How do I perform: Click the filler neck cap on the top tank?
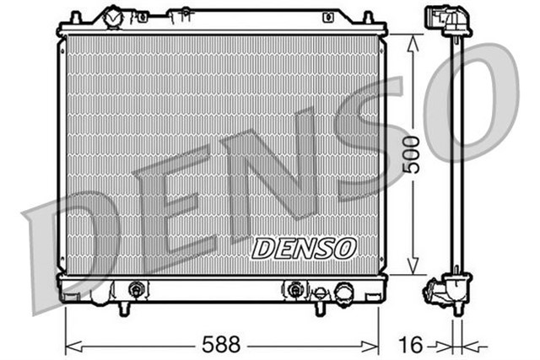(x=112, y=16)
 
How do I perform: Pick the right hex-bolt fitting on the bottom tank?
(x=294, y=290)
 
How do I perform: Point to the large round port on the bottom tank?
(x=344, y=293)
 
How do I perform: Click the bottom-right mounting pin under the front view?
(x=318, y=309)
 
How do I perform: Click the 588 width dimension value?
(x=220, y=344)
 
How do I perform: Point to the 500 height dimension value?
(x=411, y=154)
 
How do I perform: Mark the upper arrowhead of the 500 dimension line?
(x=413, y=40)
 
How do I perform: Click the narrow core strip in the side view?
(x=458, y=156)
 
